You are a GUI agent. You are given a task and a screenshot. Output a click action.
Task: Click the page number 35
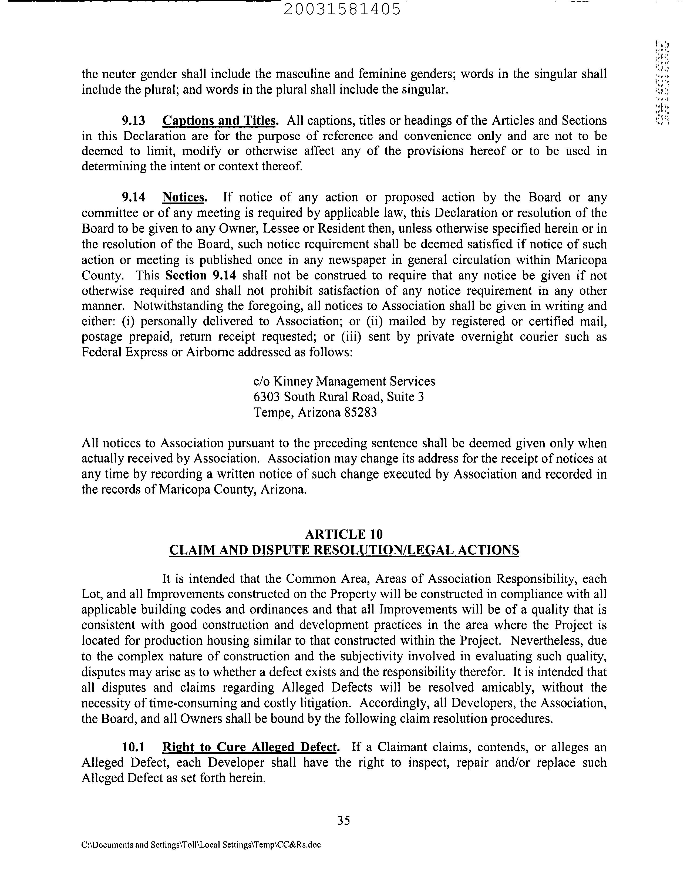[x=343, y=820]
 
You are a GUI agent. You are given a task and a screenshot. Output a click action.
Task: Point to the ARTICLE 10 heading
[x=343, y=534]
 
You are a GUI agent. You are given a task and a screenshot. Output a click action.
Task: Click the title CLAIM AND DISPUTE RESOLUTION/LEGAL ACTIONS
[x=343, y=550]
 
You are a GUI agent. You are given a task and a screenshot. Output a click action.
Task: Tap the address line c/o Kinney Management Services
[x=344, y=381]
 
